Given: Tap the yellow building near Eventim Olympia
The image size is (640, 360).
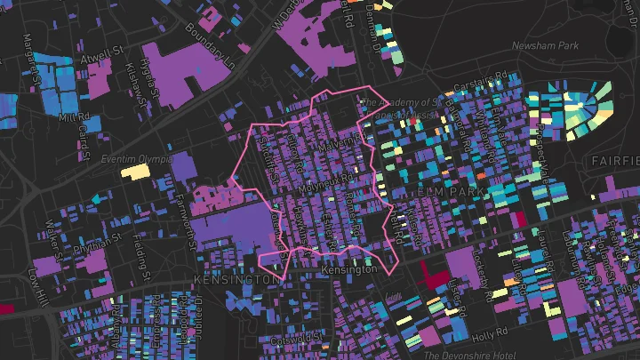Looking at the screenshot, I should pyautogui.click(x=135, y=172).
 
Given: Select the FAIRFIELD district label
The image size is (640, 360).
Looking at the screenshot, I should pyautogui.click(x=613, y=161).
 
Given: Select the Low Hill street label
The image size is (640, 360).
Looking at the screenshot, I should pyautogui.click(x=39, y=284).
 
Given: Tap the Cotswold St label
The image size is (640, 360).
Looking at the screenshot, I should pyautogui.click(x=298, y=337).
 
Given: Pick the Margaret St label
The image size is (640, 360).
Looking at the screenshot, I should pyautogui.click(x=33, y=55).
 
